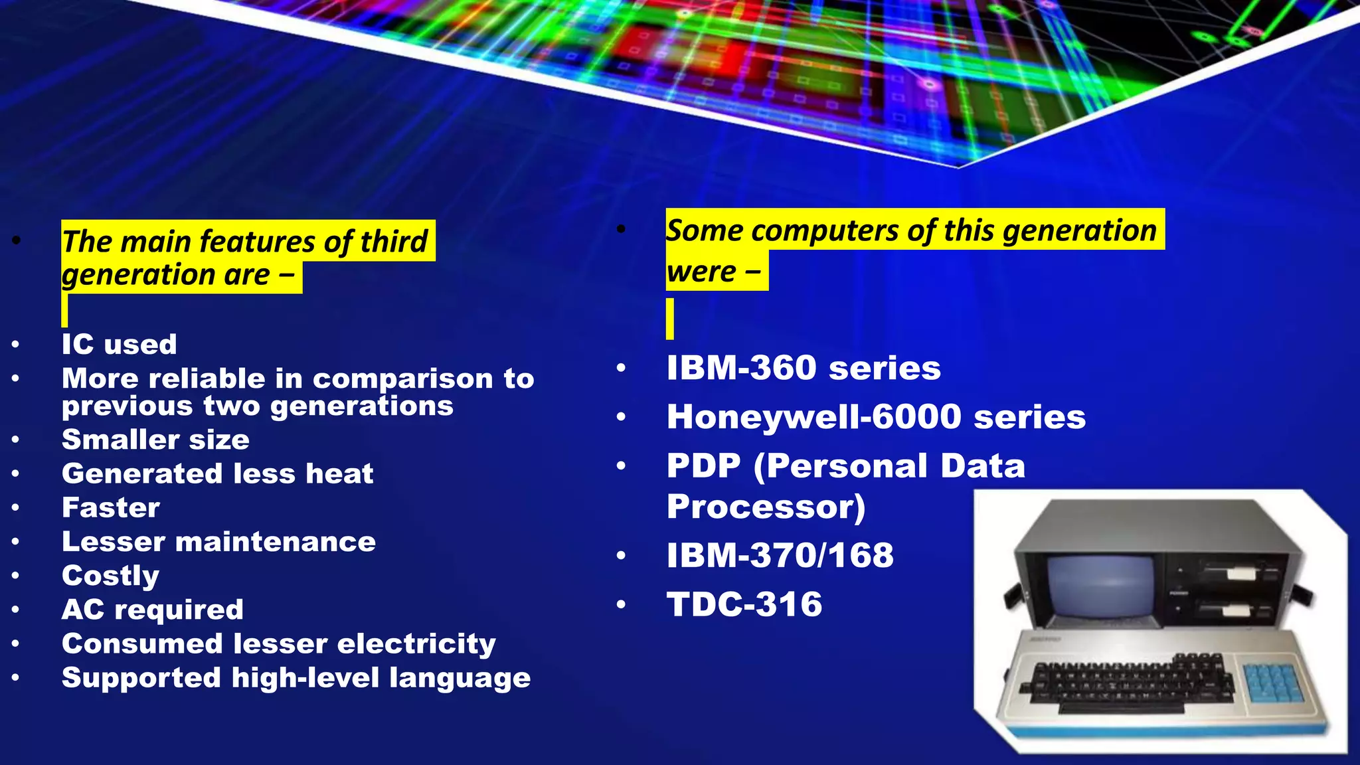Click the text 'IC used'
[119, 344]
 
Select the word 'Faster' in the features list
[111, 507]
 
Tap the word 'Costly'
[110, 575]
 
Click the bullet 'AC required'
[152, 609]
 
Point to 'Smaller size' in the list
[155, 440]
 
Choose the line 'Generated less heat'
[217, 473]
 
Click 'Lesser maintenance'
[218, 541]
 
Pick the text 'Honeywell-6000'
[813, 417]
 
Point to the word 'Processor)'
[766, 507]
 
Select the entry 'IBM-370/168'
[780, 555]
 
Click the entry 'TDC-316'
[744, 604]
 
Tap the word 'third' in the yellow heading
[393, 241]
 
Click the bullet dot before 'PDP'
[621, 466]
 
